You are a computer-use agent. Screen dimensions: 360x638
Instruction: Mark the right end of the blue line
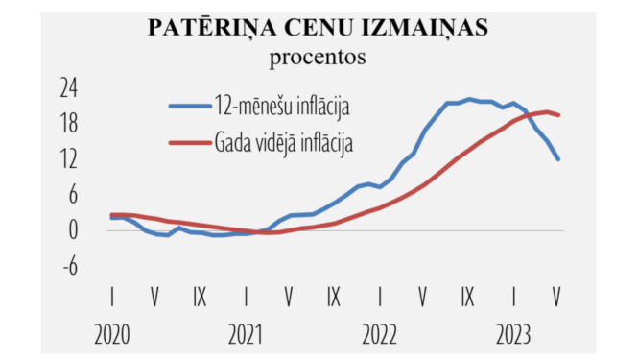pyautogui.click(x=557, y=159)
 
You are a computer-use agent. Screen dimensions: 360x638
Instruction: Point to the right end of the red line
pyautogui.click(x=558, y=115)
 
